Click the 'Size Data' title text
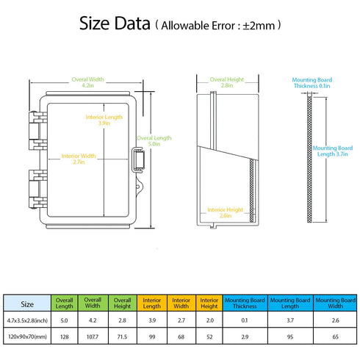click(x=115, y=24)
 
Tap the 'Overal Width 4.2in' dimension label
click(x=87, y=82)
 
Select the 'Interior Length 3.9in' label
click(x=104, y=120)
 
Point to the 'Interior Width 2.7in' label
click(x=79, y=159)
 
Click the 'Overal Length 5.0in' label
click(x=154, y=141)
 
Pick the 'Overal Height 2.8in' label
click(x=227, y=82)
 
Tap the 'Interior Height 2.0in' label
click(x=226, y=212)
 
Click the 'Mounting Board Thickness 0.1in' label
click(x=312, y=83)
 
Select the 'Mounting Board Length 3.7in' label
click(x=333, y=151)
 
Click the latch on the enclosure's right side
click(x=138, y=160)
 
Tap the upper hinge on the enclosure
click(x=37, y=131)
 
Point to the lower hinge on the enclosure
click(x=37, y=189)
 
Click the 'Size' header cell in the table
click(x=27, y=304)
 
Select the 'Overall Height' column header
click(x=122, y=303)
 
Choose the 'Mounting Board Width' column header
click(x=335, y=303)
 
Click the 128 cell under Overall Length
click(x=65, y=336)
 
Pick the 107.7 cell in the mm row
click(x=93, y=336)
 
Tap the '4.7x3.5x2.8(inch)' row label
click(x=27, y=320)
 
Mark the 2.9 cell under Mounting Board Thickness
click(x=245, y=336)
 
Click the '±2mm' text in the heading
click(x=259, y=26)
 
